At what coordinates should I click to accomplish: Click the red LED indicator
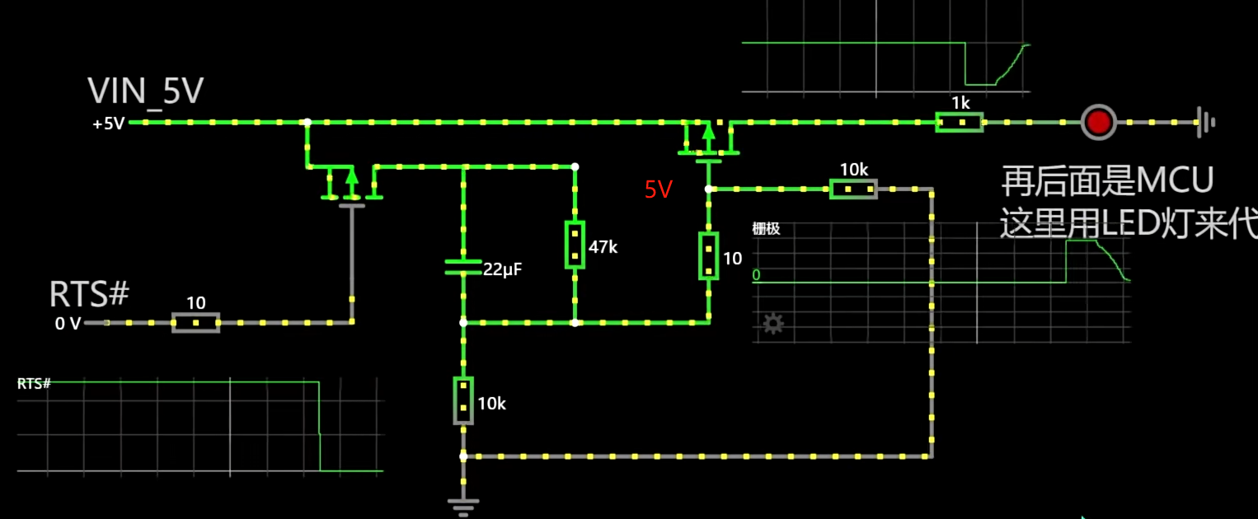pyautogui.click(x=1098, y=122)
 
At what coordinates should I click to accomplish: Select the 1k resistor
pyautogui.click(x=960, y=122)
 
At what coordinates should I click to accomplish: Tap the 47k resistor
pyautogui.click(x=575, y=245)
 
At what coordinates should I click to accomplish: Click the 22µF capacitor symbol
pyautogui.click(x=462, y=266)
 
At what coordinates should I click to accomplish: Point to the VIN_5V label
pyautogui.click(x=146, y=91)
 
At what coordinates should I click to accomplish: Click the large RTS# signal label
pyautogui.click(x=90, y=293)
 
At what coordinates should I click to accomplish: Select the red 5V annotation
pyautogui.click(x=659, y=190)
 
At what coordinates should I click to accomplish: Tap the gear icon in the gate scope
pyautogui.click(x=772, y=323)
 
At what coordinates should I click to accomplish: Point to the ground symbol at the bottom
pyautogui.click(x=462, y=506)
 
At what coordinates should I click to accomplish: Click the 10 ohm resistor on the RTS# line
pyautogui.click(x=195, y=322)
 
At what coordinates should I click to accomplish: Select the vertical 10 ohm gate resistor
pyautogui.click(x=708, y=255)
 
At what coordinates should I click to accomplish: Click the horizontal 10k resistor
pyautogui.click(x=853, y=189)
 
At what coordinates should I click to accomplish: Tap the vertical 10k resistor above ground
pyautogui.click(x=463, y=401)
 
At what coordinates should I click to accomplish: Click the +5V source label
pyautogui.click(x=108, y=124)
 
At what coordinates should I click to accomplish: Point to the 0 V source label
pyautogui.click(x=68, y=324)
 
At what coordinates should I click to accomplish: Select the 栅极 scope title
pyautogui.click(x=766, y=229)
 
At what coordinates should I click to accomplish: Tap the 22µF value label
pyautogui.click(x=504, y=269)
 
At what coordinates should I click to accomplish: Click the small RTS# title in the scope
pyautogui.click(x=35, y=384)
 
